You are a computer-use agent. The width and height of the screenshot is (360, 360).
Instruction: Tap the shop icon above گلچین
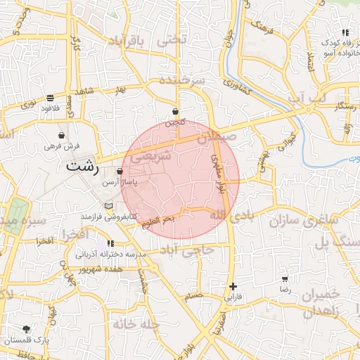[x=174, y=112]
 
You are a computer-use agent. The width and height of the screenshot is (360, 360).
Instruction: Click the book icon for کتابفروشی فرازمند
[x=108, y=205]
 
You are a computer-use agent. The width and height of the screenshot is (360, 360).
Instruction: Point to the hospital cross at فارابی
[x=232, y=286]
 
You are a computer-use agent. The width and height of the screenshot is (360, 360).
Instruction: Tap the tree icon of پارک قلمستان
[x=27, y=328]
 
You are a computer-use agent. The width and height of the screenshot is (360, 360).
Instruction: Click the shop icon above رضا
[x=285, y=279]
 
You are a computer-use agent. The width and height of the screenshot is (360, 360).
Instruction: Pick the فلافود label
[x=49, y=108]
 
